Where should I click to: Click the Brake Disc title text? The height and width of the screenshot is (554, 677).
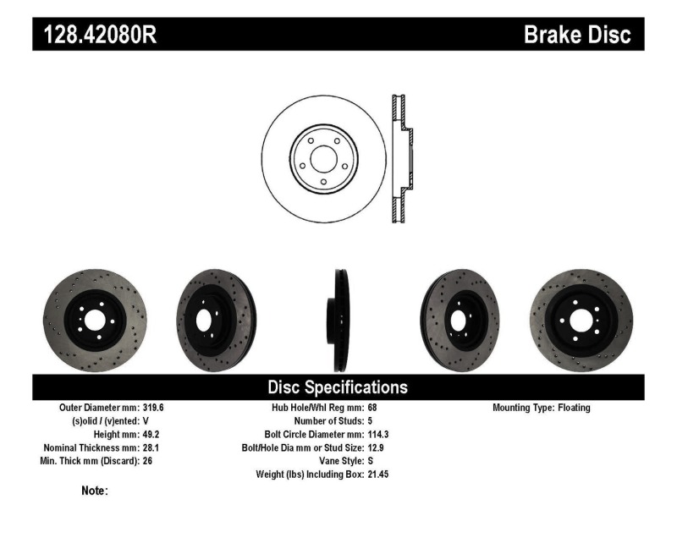point(577,36)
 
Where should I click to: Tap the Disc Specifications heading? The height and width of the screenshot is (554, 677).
point(338,387)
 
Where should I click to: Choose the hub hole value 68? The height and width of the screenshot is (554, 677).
point(372,408)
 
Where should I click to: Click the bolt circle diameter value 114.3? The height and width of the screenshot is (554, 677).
point(378,435)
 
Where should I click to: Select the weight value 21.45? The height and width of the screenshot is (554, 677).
point(378,474)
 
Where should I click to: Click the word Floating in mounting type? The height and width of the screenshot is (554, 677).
point(575,408)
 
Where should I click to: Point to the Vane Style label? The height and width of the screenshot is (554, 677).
point(335,461)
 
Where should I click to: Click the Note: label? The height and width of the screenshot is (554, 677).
point(95,491)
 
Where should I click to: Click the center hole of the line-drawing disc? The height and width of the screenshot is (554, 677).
point(323,159)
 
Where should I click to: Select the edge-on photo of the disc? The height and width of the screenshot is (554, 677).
point(339,320)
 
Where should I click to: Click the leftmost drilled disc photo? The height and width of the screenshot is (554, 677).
point(95,320)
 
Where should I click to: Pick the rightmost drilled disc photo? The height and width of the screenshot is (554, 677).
point(581,320)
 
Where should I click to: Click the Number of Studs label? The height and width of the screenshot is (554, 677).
point(328,421)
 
